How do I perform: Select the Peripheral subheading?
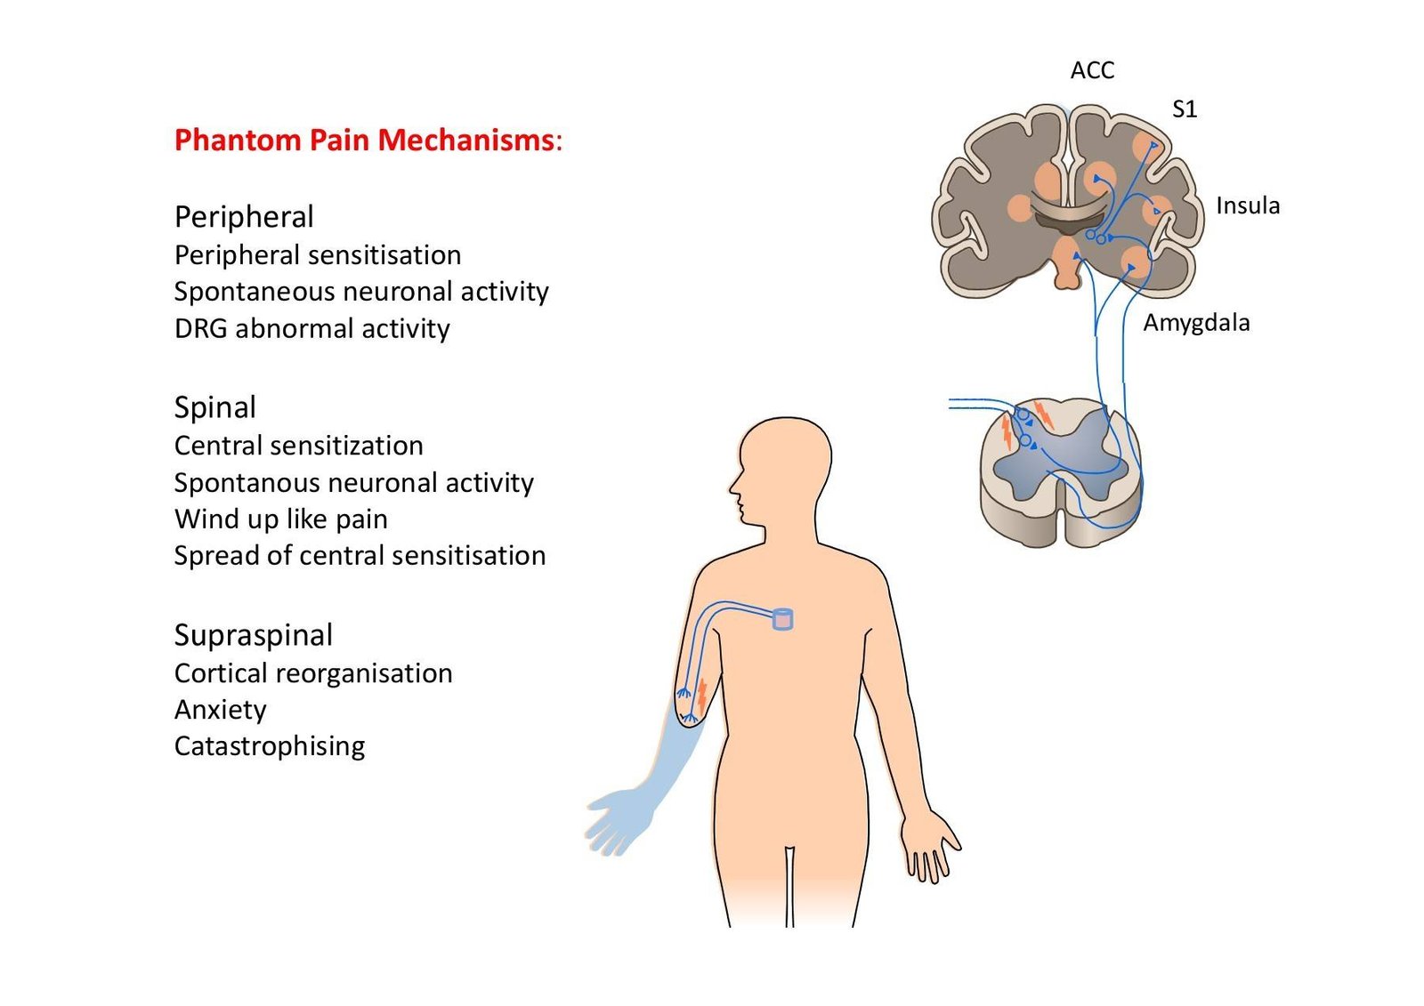[x=244, y=217]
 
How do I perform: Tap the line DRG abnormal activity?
[x=311, y=329]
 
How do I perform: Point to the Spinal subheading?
[x=214, y=407]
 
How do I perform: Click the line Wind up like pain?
[x=280, y=519]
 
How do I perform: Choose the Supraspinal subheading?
[x=253, y=635]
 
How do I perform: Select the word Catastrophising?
[x=269, y=746]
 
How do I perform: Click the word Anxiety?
[x=220, y=710]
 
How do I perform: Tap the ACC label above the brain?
[x=1092, y=70]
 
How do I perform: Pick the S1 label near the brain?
[x=1185, y=109]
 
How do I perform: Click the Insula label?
[x=1247, y=205]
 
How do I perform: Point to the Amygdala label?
[x=1195, y=323]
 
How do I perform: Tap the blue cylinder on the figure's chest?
[x=782, y=619]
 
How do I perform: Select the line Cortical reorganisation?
[x=312, y=673]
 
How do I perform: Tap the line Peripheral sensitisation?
[x=317, y=255]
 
